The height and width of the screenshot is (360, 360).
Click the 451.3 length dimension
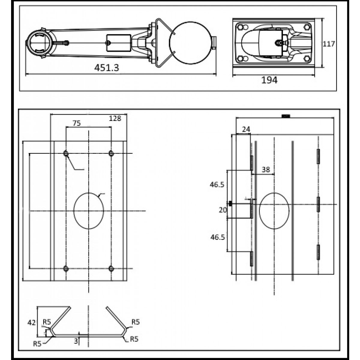(106, 67)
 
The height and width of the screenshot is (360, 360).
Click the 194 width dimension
(269, 80)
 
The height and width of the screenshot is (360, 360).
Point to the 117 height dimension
(329, 44)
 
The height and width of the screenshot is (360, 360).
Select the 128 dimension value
(115, 118)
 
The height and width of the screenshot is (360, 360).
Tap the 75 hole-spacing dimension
(76, 123)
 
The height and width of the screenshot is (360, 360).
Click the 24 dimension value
(246, 129)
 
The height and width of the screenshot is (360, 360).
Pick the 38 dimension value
(266, 169)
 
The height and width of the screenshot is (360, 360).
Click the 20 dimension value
(223, 210)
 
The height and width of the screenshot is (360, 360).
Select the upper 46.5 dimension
(217, 185)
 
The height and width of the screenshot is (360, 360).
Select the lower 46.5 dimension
(217, 237)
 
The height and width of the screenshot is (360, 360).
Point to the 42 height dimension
(31, 322)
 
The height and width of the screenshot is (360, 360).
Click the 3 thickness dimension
(76, 341)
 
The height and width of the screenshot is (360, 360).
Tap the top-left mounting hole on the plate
(66, 153)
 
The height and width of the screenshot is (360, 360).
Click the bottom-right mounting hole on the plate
(111, 268)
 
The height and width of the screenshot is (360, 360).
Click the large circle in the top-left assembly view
(190, 43)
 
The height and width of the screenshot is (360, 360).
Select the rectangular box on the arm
(118, 43)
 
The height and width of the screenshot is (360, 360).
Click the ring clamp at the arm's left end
(41, 43)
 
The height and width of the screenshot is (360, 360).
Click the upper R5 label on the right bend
(136, 322)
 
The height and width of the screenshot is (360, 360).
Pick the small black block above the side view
(286, 116)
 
